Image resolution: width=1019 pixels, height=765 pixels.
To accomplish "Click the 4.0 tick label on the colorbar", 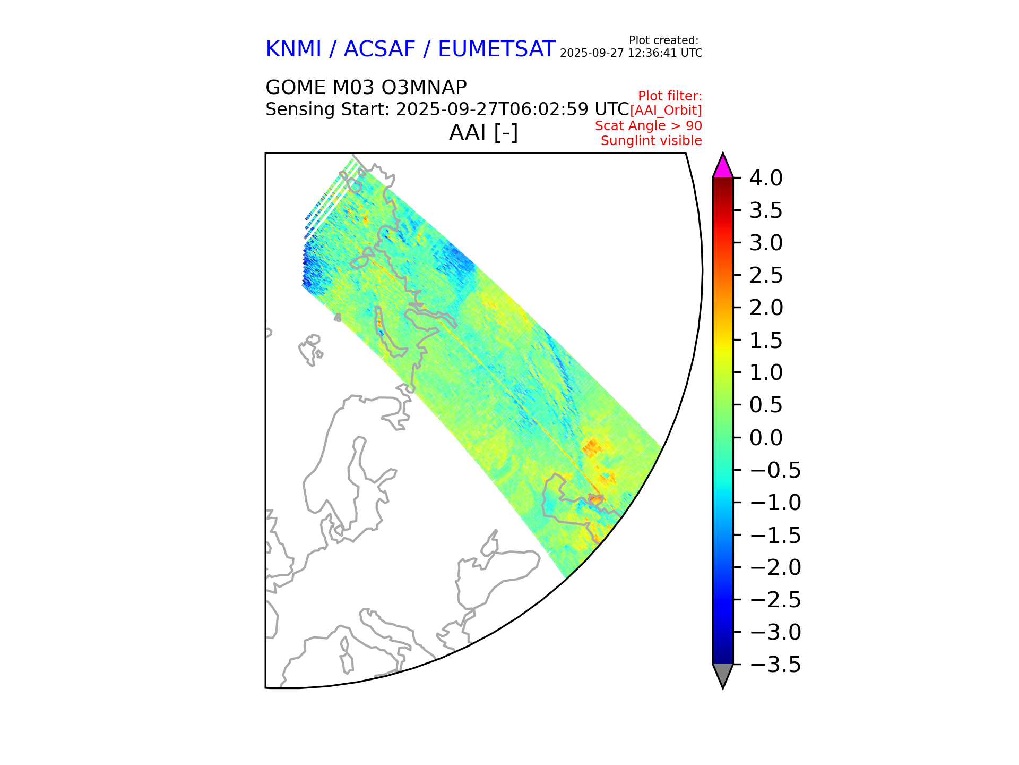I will (x=765, y=178).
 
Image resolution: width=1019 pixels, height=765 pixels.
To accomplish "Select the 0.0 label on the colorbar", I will (x=765, y=438).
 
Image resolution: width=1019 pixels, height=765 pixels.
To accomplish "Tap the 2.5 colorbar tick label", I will (x=765, y=275).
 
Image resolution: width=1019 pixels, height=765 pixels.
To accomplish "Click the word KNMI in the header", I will (x=293, y=49).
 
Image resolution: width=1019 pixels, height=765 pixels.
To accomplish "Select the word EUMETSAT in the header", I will (x=496, y=49).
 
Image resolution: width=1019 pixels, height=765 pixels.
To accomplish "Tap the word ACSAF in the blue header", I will (x=379, y=49).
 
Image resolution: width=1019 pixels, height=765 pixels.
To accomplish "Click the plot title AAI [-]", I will (x=483, y=132).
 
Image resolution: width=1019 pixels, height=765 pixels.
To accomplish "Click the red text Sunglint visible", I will (x=651, y=141).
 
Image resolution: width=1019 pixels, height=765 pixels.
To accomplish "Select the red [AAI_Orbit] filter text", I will (x=666, y=110).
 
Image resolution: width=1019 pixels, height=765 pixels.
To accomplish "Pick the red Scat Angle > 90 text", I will (x=648, y=126).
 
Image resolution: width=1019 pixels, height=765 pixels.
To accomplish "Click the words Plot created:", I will (x=663, y=40).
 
